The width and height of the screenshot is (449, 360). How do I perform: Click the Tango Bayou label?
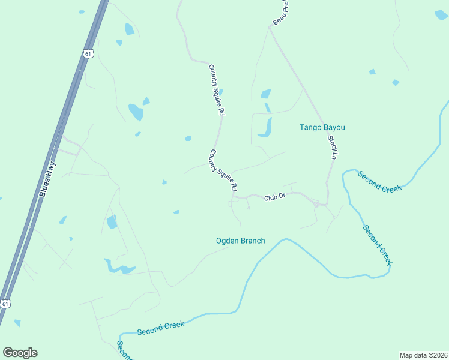point(322,127)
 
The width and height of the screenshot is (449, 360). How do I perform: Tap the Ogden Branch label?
point(240,241)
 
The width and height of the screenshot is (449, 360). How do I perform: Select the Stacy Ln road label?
point(332,147)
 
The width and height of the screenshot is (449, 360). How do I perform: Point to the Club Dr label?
point(274,197)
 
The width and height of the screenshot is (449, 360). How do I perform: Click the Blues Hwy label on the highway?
point(47,179)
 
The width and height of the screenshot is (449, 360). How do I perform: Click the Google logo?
point(20,353)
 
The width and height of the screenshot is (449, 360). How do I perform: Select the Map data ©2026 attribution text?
point(424,355)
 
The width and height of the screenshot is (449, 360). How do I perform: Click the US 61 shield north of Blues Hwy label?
point(88,53)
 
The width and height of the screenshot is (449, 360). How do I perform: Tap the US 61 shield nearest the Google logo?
point(5,304)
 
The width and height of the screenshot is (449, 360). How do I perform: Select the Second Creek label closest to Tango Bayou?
point(379,181)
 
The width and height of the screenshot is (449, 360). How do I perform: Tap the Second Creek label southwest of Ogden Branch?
point(160,328)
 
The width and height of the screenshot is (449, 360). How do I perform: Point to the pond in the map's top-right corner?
point(441,15)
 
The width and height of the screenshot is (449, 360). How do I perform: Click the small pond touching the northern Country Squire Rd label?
point(221,92)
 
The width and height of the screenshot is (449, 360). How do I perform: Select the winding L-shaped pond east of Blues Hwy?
point(117,267)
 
